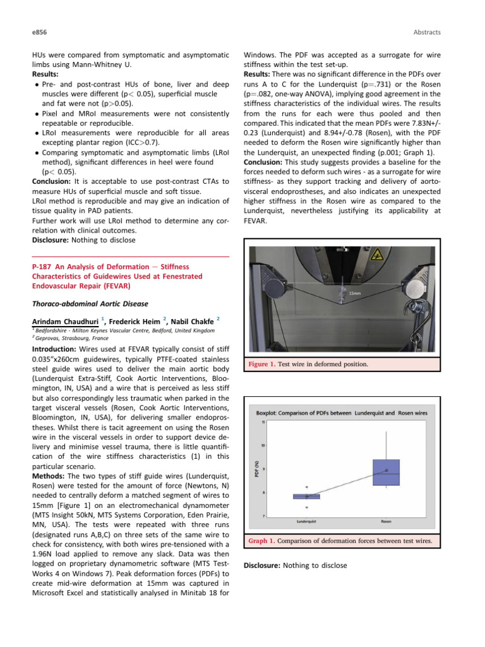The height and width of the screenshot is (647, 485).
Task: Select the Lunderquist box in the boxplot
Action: pyautogui.click(x=307, y=497)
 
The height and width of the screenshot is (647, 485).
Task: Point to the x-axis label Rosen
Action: pyautogui.click(x=386, y=521)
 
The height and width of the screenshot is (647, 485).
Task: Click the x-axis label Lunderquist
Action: pyautogui.click(x=306, y=521)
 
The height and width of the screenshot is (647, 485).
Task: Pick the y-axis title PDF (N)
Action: pyautogui.click(x=255, y=469)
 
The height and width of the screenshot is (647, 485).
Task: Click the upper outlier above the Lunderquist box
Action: pyautogui.click(x=307, y=487)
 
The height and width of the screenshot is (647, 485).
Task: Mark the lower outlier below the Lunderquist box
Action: pyautogui.click(x=307, y=507)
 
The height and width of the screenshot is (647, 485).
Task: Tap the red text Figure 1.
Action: pyautogui.click(x=261, y=364)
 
